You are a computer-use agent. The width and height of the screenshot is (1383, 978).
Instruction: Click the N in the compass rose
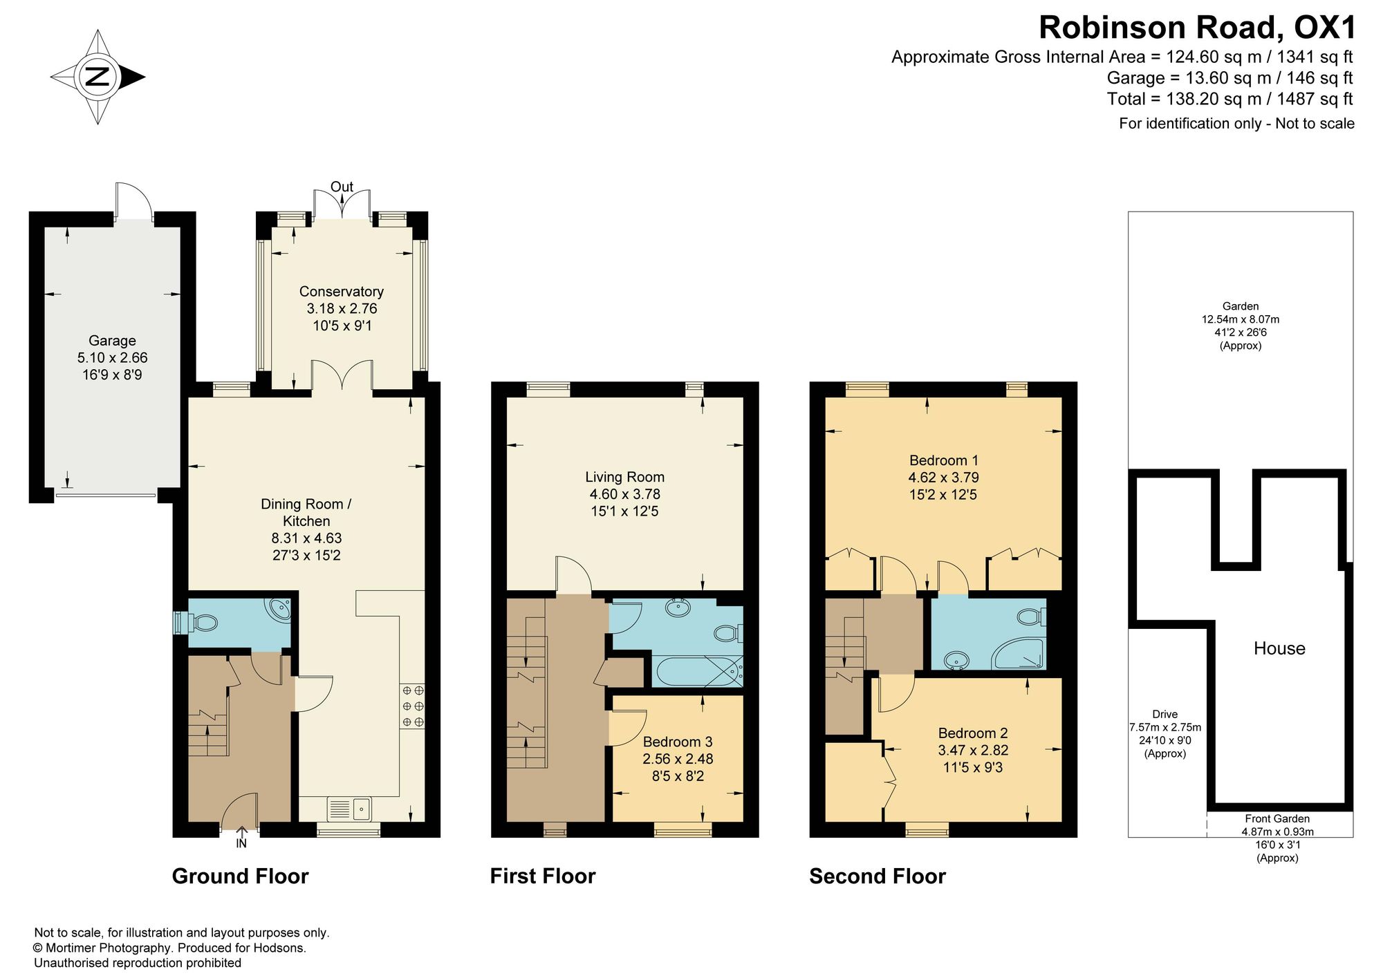(98, 76)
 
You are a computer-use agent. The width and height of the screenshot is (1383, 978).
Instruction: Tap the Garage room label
(112, 341)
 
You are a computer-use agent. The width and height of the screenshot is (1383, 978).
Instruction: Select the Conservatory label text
(342, 292)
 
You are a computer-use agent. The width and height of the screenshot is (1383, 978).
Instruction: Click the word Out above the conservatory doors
(342, 187)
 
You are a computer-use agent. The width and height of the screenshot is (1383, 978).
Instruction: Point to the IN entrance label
(241, 843)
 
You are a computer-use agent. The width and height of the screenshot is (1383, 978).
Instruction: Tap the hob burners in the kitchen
(412, 706)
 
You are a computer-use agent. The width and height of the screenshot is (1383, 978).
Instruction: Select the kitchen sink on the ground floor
(349, 809)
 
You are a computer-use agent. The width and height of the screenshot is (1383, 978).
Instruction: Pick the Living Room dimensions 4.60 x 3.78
(625, 494)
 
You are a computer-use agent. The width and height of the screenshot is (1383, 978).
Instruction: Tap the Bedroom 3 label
(678, 742)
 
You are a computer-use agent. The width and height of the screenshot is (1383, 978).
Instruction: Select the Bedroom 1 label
(944, 460)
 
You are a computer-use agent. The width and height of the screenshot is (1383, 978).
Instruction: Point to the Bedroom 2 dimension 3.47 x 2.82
(973, 750)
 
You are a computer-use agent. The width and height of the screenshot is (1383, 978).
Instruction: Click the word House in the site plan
(1279, 648)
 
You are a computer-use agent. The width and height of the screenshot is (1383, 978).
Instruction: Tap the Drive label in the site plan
(1165, 715)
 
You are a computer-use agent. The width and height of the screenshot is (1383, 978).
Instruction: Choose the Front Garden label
(1277, 819)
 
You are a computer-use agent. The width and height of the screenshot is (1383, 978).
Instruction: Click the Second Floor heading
(878, 876)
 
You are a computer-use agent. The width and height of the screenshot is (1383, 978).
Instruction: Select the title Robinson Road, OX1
(1198, 28)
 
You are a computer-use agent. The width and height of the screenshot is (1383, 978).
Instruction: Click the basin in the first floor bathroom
(678, 609)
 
